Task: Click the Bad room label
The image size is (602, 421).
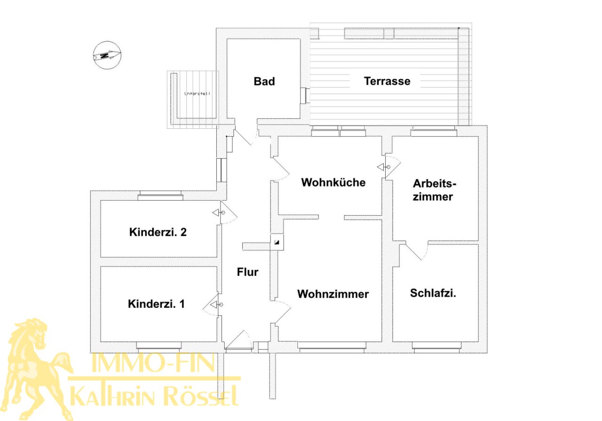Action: coord(264,81)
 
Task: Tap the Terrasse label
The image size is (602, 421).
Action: coord(387,81)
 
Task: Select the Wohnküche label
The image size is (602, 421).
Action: coord(333,182)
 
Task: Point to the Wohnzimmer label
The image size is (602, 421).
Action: coord(333,294)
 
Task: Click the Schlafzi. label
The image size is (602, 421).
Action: coord(433,293)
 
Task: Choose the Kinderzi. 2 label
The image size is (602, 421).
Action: coord(158,232)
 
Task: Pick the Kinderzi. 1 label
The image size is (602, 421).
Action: coord(156,304)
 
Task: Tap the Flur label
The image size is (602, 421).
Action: coord(247,272)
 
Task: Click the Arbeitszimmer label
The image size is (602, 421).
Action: coord(433,190)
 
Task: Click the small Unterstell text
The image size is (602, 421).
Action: coord(197,94)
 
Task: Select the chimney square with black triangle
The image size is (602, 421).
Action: coord(277,242)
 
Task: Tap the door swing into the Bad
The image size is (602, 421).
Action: coord(245,137)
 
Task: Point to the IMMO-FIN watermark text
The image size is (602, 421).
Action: coord(153,363)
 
